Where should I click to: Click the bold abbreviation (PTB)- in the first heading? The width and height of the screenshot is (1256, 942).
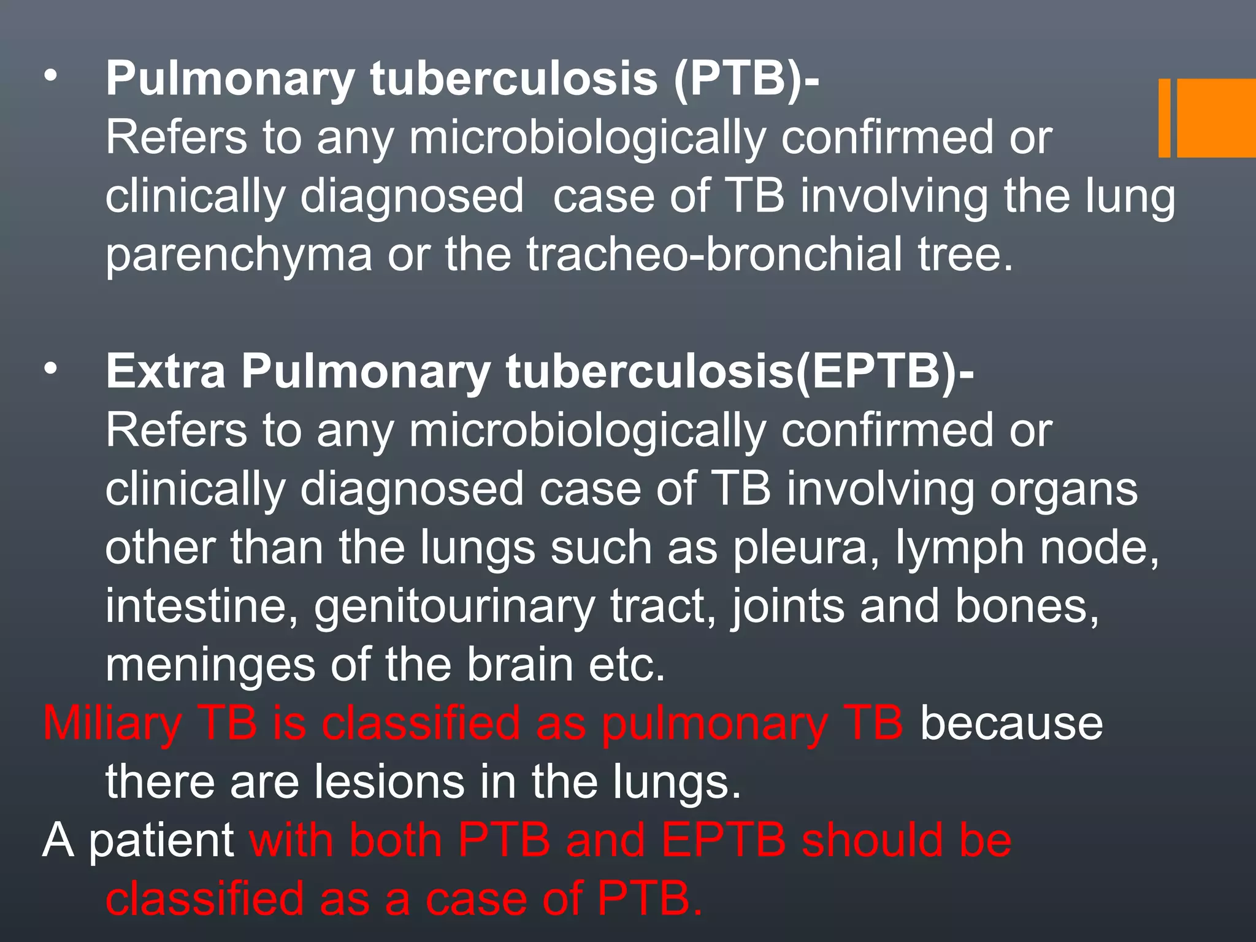[x=746, y=80]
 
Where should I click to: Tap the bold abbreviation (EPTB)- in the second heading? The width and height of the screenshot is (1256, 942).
[x=884, y=372]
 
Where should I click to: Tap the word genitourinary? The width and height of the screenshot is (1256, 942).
[x=454, y=607]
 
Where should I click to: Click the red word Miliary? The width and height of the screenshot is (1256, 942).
[x=112, y=724]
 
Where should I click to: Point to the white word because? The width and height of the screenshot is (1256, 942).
[x=1011, y=724]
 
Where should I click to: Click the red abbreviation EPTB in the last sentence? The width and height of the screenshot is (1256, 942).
[x=724, y=841]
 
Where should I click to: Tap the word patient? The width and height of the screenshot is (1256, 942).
[x=161, y=842]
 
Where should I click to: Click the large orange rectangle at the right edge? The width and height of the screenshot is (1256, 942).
[x=1216, y=118]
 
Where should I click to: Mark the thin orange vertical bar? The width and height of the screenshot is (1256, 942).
[x=1164, y=118]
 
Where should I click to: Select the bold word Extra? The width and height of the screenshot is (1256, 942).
[x=166, y=372]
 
